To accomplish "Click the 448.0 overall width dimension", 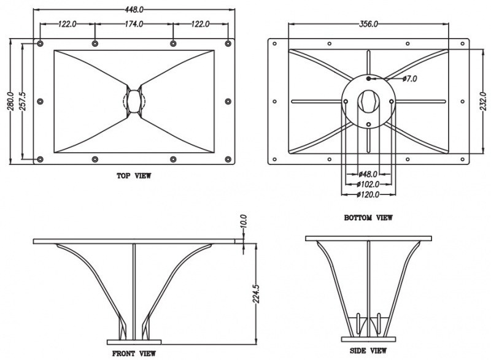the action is tap(134, 10).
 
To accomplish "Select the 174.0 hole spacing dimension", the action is tap(134, 24).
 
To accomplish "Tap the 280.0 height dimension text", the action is tap(10, 101).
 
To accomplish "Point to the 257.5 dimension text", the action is tap(23, 101).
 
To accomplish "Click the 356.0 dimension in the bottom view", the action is tap(368, 24).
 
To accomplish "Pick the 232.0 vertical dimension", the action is tap(483, 101).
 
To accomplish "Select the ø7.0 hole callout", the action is tap(409, 79).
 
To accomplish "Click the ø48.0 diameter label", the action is tap(368, 174).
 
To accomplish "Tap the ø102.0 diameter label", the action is tap(368, 184).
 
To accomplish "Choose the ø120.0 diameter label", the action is tap(368, 194).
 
